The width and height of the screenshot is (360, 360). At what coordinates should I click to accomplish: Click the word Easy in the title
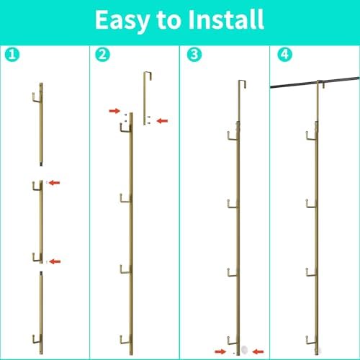click(x=122, y=21)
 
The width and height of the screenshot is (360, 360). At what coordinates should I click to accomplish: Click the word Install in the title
click(x=226, y=19)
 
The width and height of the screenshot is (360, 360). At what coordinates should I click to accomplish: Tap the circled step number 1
click(x=12, y=55)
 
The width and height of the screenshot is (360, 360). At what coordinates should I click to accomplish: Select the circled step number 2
click(x=102, y=55)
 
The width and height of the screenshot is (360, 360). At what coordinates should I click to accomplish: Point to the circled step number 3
click(x=194, y=55)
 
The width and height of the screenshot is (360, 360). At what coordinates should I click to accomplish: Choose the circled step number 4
click(x=284, y=55)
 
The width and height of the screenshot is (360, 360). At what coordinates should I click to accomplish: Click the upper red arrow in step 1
click(x=54, y=183)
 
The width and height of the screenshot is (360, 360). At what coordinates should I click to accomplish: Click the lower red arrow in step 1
click(x=55, y=261)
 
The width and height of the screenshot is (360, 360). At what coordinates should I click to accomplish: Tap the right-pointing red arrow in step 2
click(x=114, y=111)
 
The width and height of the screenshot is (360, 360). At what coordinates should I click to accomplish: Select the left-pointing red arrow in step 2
click(x=162, y=121)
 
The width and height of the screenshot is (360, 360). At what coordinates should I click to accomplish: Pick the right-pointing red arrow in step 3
click(x=220, y=351)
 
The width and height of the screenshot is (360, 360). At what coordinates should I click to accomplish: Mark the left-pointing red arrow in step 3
click(x=258, y=352)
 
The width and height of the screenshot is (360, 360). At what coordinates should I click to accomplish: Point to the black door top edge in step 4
click(x=315, y=82)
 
